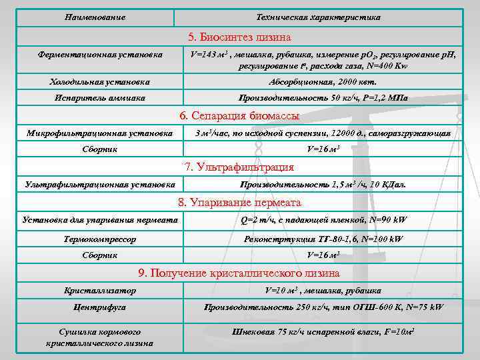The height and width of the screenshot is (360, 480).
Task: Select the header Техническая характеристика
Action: (x=318, y=17)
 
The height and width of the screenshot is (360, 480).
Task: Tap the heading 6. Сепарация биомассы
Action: (x=240, y=116)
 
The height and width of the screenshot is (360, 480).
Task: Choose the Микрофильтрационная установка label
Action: (x=99, y=133)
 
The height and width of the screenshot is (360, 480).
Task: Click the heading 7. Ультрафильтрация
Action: (x=240, y=167)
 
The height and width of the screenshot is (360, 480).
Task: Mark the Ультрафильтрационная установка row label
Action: (x=99, y=184)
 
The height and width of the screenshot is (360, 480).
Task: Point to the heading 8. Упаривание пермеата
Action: (x=240, y=202)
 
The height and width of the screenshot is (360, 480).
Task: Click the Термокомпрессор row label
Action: (x=100, y=239)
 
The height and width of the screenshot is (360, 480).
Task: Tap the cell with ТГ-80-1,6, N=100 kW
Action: (x=323, y=239)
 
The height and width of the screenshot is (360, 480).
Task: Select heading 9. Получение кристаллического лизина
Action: (x=240, y=273)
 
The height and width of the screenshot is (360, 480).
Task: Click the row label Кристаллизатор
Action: (x=100, y=291)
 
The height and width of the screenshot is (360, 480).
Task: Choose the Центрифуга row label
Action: (x=100, y=307)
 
